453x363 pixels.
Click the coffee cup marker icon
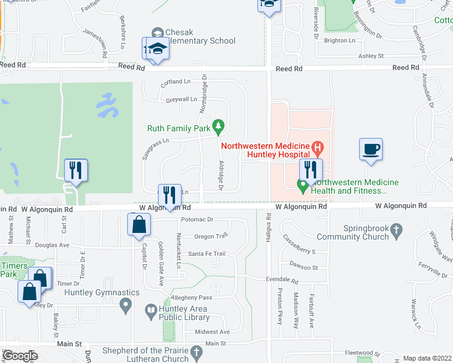tap(371, 149)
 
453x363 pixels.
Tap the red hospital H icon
tap(317, 146)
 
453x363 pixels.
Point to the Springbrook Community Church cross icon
tap(396, 230)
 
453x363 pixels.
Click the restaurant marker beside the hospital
tap(311, 170)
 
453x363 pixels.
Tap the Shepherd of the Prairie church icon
tap(196, 352)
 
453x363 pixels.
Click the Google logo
tap(21, 356)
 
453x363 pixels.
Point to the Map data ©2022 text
tap(427, 358)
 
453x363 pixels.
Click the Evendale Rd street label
tap(282, 281)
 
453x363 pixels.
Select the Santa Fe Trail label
tap(207, 253)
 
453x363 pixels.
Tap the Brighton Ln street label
tap(340, 41)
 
